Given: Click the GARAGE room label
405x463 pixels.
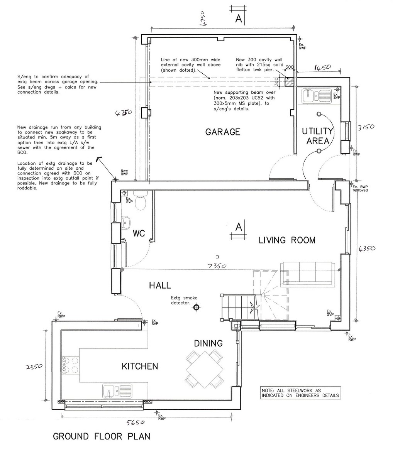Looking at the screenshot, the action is [223, 132].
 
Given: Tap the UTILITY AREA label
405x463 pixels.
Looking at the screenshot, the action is [317, 135].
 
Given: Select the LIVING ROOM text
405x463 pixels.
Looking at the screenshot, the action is [287, 240].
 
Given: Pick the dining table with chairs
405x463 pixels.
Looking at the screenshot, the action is [204, 368].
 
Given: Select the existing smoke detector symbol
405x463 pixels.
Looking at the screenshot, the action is [197, 308].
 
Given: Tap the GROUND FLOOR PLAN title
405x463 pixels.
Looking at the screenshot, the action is [102, 437].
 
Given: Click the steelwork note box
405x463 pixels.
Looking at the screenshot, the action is [300, 393].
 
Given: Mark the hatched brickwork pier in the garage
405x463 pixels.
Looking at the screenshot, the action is [289, 82].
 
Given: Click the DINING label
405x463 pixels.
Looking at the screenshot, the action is [208, 343].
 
